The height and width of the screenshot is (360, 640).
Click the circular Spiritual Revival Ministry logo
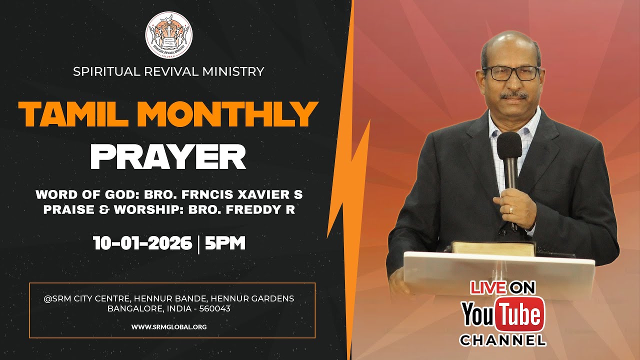click(x=168, y=35)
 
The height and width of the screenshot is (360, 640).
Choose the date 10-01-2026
click(x=142, y=243)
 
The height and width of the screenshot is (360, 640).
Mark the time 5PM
click(x=225, y=243)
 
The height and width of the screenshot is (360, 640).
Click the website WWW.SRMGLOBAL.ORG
click(x=169, y=326)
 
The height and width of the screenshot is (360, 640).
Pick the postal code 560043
click(x=215, y=308)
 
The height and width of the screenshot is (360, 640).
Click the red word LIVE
click(x=488, y=287)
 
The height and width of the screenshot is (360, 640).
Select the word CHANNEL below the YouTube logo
click(x=502, y=341)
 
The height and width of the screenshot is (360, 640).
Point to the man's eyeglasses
click(x=511, y=73)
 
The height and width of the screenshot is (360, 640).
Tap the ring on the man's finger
click(x=510, y=209)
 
